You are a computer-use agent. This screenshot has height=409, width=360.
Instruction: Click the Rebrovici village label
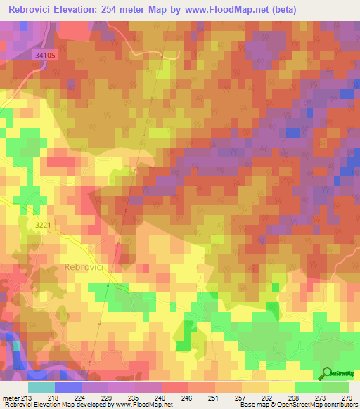[x=85, y=267]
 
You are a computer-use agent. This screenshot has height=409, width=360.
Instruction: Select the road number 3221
[x=41, y=224]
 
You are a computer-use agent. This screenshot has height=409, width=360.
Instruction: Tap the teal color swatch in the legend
[x=41, y=387]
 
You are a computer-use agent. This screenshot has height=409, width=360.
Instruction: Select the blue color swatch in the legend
[x=68, y=387]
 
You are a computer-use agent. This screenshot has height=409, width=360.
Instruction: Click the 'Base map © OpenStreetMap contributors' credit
[x=299, y=405]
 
